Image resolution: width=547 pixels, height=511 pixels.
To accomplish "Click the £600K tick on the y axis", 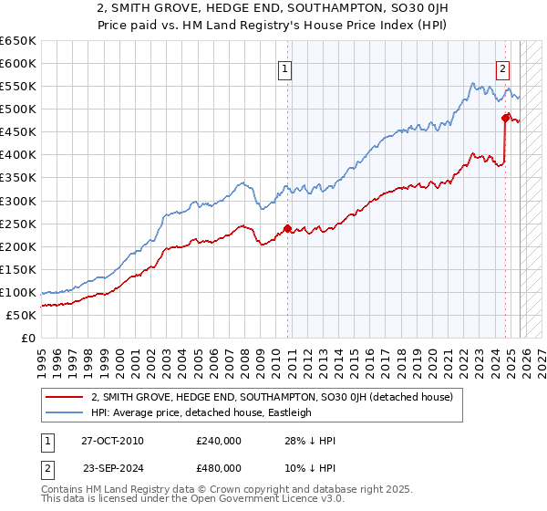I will click(18, 63).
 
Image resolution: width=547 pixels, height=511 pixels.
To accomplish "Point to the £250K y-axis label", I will click(18, 224).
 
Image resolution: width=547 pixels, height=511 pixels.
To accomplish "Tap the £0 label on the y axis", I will click(27, 338).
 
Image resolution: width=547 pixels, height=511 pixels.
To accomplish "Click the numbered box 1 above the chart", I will click(285, 68).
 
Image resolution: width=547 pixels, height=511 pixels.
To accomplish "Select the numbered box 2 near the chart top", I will click(502, 68).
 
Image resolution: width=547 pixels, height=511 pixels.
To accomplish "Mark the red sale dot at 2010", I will click(288, 228).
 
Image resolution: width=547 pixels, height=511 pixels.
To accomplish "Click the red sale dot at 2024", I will click(505, 118).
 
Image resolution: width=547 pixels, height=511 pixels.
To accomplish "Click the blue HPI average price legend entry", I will click(201, 412).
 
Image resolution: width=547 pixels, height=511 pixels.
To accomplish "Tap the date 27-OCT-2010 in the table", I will click(112, 441).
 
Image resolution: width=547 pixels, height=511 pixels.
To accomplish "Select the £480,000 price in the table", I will click(219, 468).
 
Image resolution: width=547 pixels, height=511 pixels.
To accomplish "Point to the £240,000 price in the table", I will click(219, 441).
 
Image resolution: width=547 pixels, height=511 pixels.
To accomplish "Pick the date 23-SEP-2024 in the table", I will click(112, 468).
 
